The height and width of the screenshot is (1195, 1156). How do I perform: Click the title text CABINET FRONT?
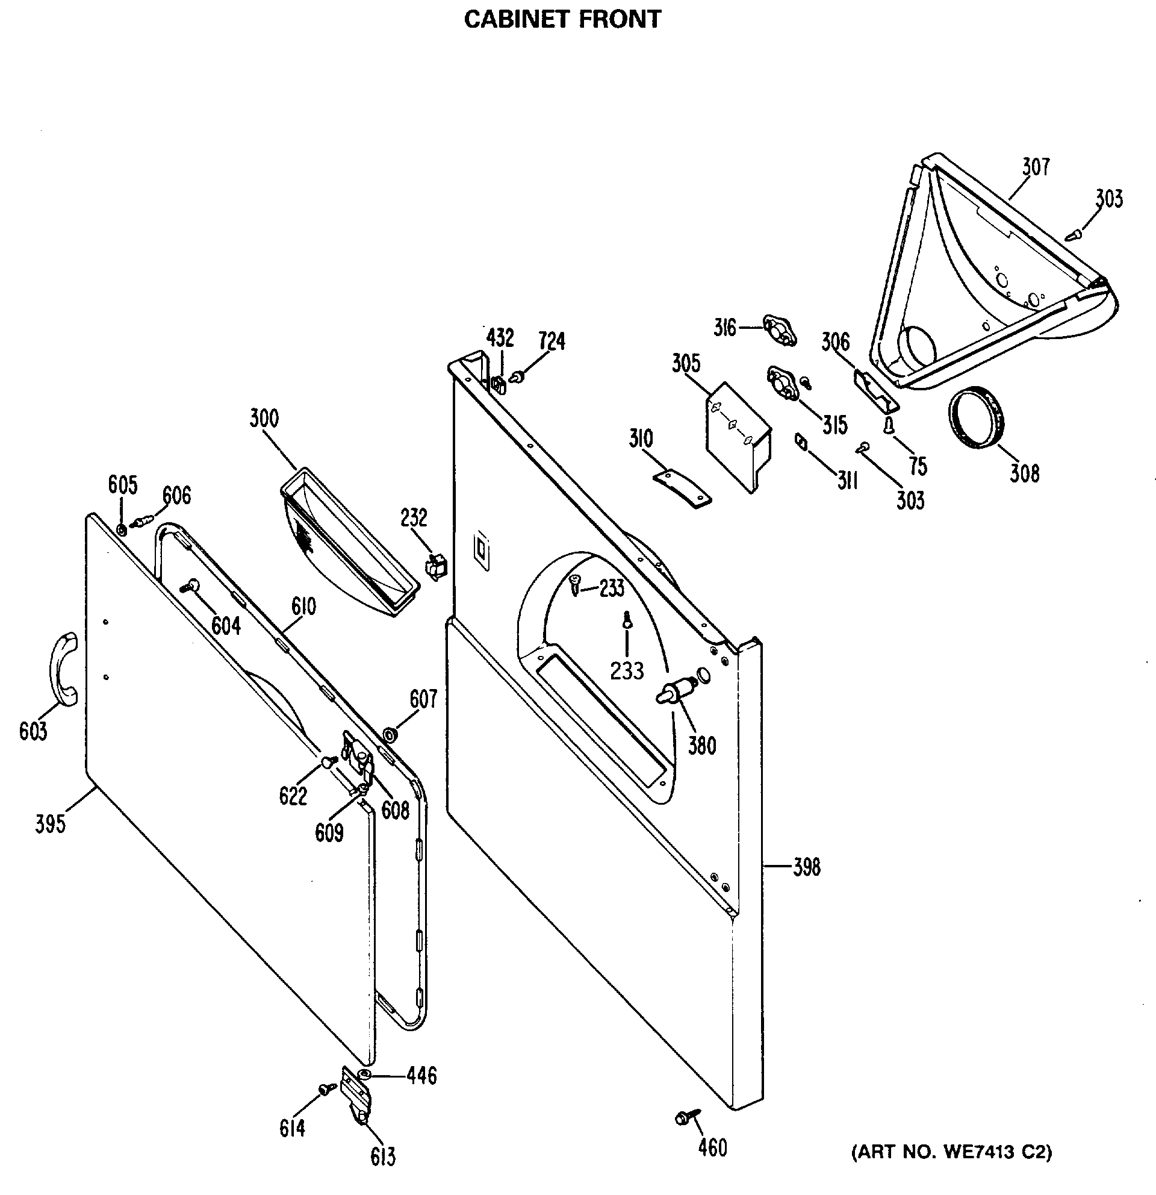point(562,19)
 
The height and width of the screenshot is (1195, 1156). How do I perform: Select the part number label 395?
point(50,825)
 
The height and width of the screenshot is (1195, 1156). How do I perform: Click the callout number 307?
point(1036,166)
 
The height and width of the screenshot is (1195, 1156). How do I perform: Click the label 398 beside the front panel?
point(806,866)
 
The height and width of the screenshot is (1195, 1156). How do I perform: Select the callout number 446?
point(421,1076)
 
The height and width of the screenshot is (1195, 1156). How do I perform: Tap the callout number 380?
point(702,745)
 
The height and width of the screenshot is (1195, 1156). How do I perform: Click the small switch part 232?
point(437,567)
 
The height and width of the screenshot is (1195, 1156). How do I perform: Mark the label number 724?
point(552,341)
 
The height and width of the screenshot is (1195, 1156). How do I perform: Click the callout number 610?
point(303,606)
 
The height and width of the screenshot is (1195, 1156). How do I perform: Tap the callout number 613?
point(383,1156)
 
